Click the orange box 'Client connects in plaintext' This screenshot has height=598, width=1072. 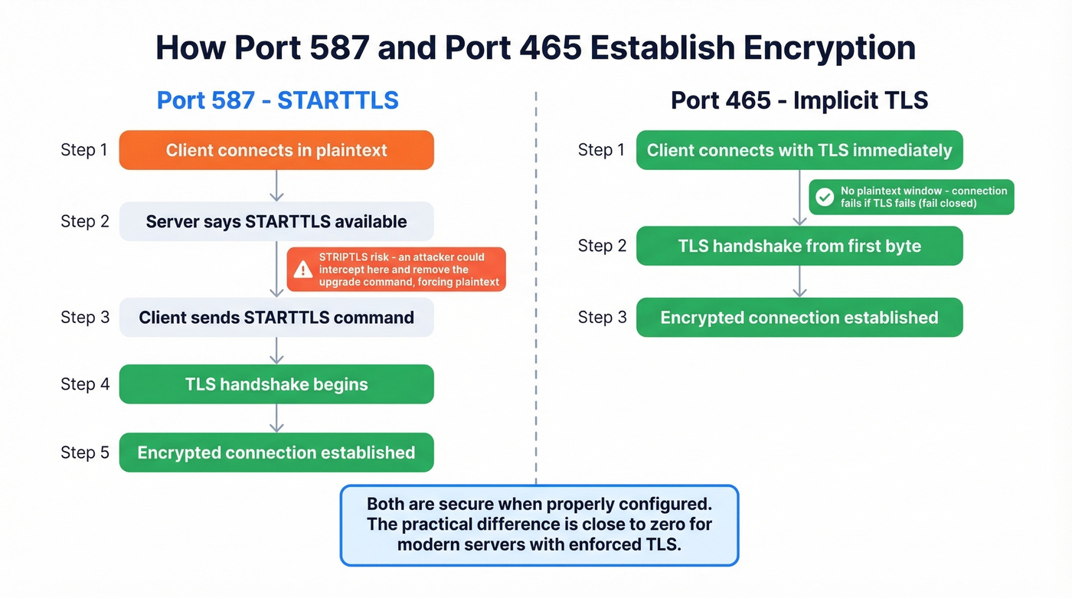pos(276,150)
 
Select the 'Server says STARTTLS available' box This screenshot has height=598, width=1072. pos(276,222)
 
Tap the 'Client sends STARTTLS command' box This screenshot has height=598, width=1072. pos(276,318)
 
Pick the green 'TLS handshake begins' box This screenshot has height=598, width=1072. pos(276,384)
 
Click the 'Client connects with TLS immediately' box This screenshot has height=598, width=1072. pos(799,150)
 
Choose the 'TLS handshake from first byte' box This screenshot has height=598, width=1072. pos(799,247)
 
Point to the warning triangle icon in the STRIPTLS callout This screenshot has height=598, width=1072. pos(303,270)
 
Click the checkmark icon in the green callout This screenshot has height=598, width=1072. pos(825,197)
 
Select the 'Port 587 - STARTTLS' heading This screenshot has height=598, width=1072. pos(277,100)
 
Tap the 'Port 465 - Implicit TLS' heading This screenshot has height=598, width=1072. pos(799,100)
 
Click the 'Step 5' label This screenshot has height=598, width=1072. pos(84,453)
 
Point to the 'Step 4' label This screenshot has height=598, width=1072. pos(84,384)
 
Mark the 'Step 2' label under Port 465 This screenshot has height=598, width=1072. pos(602,247)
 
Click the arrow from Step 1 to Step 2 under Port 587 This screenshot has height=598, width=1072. pos(277,186)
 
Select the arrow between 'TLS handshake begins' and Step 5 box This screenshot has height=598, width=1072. pos(277,418)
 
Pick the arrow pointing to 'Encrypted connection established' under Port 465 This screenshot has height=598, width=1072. pos(799,282)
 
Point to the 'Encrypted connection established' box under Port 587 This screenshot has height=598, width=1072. pos(276,453)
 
